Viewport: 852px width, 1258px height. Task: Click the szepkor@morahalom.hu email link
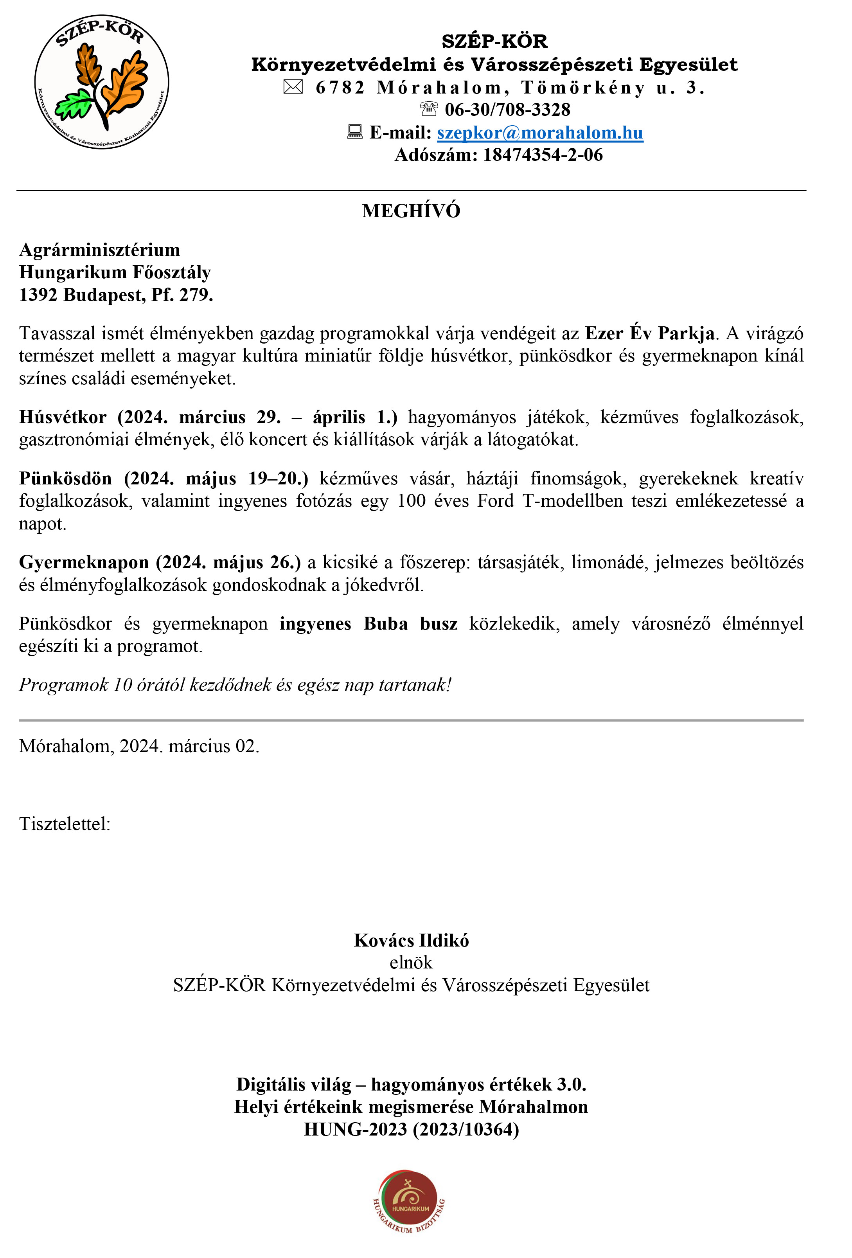pos(540,133)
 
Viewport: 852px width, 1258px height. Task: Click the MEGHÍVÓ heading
pos(411,211)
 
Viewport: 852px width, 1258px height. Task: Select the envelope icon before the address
pos(293,86)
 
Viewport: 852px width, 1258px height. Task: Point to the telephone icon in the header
pos(429,109)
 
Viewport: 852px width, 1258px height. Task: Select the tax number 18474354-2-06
pos(543,155)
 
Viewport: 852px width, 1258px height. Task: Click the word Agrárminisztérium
pos(100,250)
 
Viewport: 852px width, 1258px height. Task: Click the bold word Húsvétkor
pos(63,417)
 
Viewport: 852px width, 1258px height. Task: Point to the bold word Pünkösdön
pos(65,479)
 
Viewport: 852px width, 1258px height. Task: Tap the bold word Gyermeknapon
pos(84,562)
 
